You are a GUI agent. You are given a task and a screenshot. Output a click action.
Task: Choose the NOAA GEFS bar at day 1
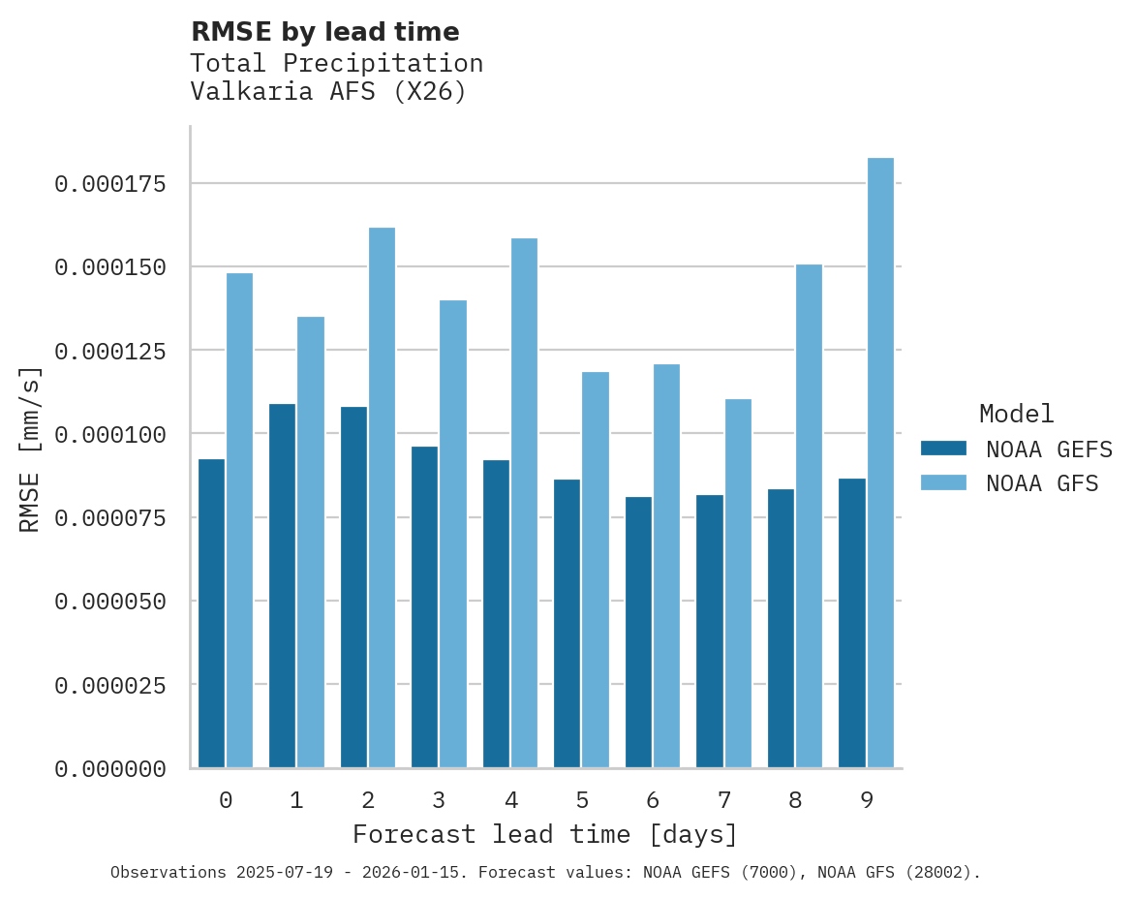282,585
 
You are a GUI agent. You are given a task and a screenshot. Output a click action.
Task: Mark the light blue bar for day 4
524,503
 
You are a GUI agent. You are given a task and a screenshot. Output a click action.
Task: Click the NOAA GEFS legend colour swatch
943,449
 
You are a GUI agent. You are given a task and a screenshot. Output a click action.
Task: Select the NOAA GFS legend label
1042,482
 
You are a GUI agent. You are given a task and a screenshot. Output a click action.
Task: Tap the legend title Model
1016,414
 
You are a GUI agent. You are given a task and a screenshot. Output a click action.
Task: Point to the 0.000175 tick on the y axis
109,184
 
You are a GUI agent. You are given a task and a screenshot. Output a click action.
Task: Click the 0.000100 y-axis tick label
109,434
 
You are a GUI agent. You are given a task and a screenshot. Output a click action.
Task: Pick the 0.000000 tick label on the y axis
109,769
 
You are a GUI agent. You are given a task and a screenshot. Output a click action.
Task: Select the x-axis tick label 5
581,800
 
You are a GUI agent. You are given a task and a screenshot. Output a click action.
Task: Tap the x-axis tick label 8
795,800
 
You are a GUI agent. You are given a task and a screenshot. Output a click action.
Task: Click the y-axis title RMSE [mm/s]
30,449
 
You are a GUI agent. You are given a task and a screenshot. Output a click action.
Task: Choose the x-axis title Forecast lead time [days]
545,834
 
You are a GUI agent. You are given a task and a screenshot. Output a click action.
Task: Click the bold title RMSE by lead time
324,32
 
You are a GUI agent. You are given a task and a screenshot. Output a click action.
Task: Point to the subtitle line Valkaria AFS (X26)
328,92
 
